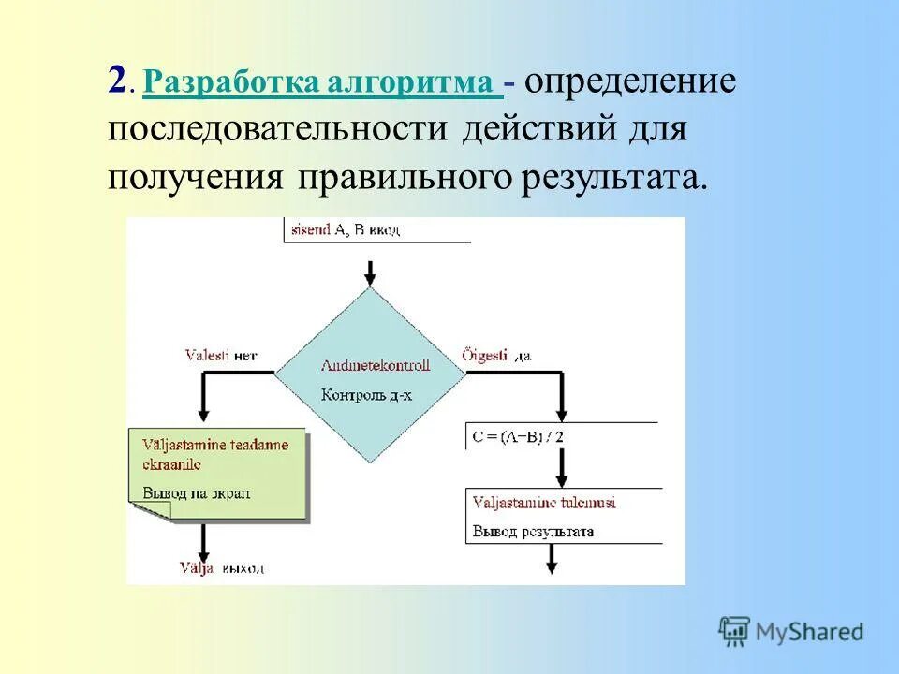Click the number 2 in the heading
[117, 81]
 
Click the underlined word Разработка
[233, 82]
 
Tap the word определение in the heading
[629, 81]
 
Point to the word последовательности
[279, 128]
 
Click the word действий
[531, 128]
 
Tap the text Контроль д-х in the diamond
[366, 395]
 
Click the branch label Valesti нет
[220, 356]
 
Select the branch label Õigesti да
[497, 356]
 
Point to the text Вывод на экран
[197, 492]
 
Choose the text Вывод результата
[533, 531]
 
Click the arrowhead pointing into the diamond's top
[370, 278]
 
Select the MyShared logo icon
[735, 631]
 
